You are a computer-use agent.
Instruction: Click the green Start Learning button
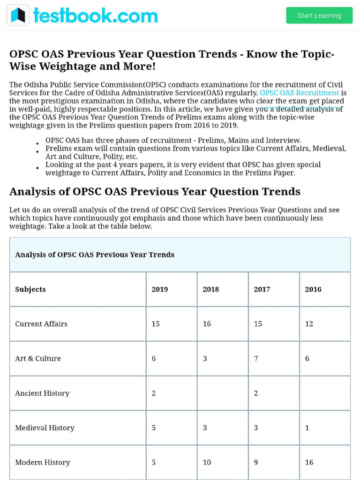coord(319,15)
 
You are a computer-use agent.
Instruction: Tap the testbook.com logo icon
coord(18,15)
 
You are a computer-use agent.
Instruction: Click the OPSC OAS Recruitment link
coord(299,93)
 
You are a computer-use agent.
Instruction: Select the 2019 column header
coord(160,289)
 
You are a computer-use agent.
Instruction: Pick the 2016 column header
coord(313,289)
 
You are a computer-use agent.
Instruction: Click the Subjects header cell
coord(30,289)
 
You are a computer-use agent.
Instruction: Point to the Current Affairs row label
coord(41,324)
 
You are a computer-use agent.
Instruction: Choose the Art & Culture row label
coord(38,359)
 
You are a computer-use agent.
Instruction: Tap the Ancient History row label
coord(42,393)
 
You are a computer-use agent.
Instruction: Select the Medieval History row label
coord(45,427)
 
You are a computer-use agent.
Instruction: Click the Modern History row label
coord(43,462)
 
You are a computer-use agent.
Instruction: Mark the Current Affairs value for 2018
coord(207,324)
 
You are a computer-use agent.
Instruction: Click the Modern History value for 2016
coord(309,462)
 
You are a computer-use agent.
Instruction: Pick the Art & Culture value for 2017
coord(256,359)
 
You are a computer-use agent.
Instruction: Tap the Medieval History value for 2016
coord(307,427)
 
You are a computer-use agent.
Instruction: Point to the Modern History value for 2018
coord(207,462)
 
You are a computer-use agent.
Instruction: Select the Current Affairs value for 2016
coord(309,324)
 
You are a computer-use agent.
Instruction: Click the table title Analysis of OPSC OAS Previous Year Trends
coord(95,255)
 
